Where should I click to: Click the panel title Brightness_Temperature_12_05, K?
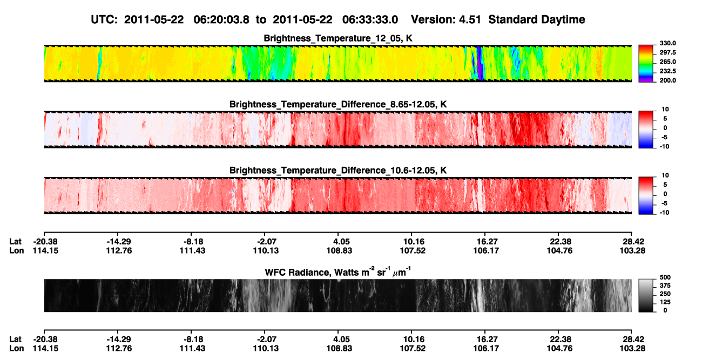pos(338,38)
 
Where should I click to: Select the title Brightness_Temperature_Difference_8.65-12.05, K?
pos(338,104)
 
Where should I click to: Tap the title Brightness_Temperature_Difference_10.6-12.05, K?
pos(338,171)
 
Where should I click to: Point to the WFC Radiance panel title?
pos(338,272)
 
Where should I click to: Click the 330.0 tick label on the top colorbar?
pos(667,43)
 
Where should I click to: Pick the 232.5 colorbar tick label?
pos(667,71)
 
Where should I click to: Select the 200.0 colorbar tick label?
pos(667,80)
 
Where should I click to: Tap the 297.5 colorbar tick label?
pos(667,53)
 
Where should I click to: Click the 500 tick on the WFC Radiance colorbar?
pos(665,277)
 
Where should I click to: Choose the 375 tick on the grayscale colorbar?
pos(665,286)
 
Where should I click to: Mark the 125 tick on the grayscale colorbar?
pos(665,302)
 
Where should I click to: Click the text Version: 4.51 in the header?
pos(446,20)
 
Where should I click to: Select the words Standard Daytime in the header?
pos(537,20)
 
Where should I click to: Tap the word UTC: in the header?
pos(104,20)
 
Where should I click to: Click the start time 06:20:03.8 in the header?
pos(221,20)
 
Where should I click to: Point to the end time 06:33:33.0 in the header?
pos(370,20)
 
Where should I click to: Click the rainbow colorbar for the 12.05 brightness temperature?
pos(646,64)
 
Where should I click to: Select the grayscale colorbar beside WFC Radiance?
pos(646,295)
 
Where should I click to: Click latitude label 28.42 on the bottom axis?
pos(632,339)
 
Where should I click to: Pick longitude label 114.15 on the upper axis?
pos(45,251)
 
